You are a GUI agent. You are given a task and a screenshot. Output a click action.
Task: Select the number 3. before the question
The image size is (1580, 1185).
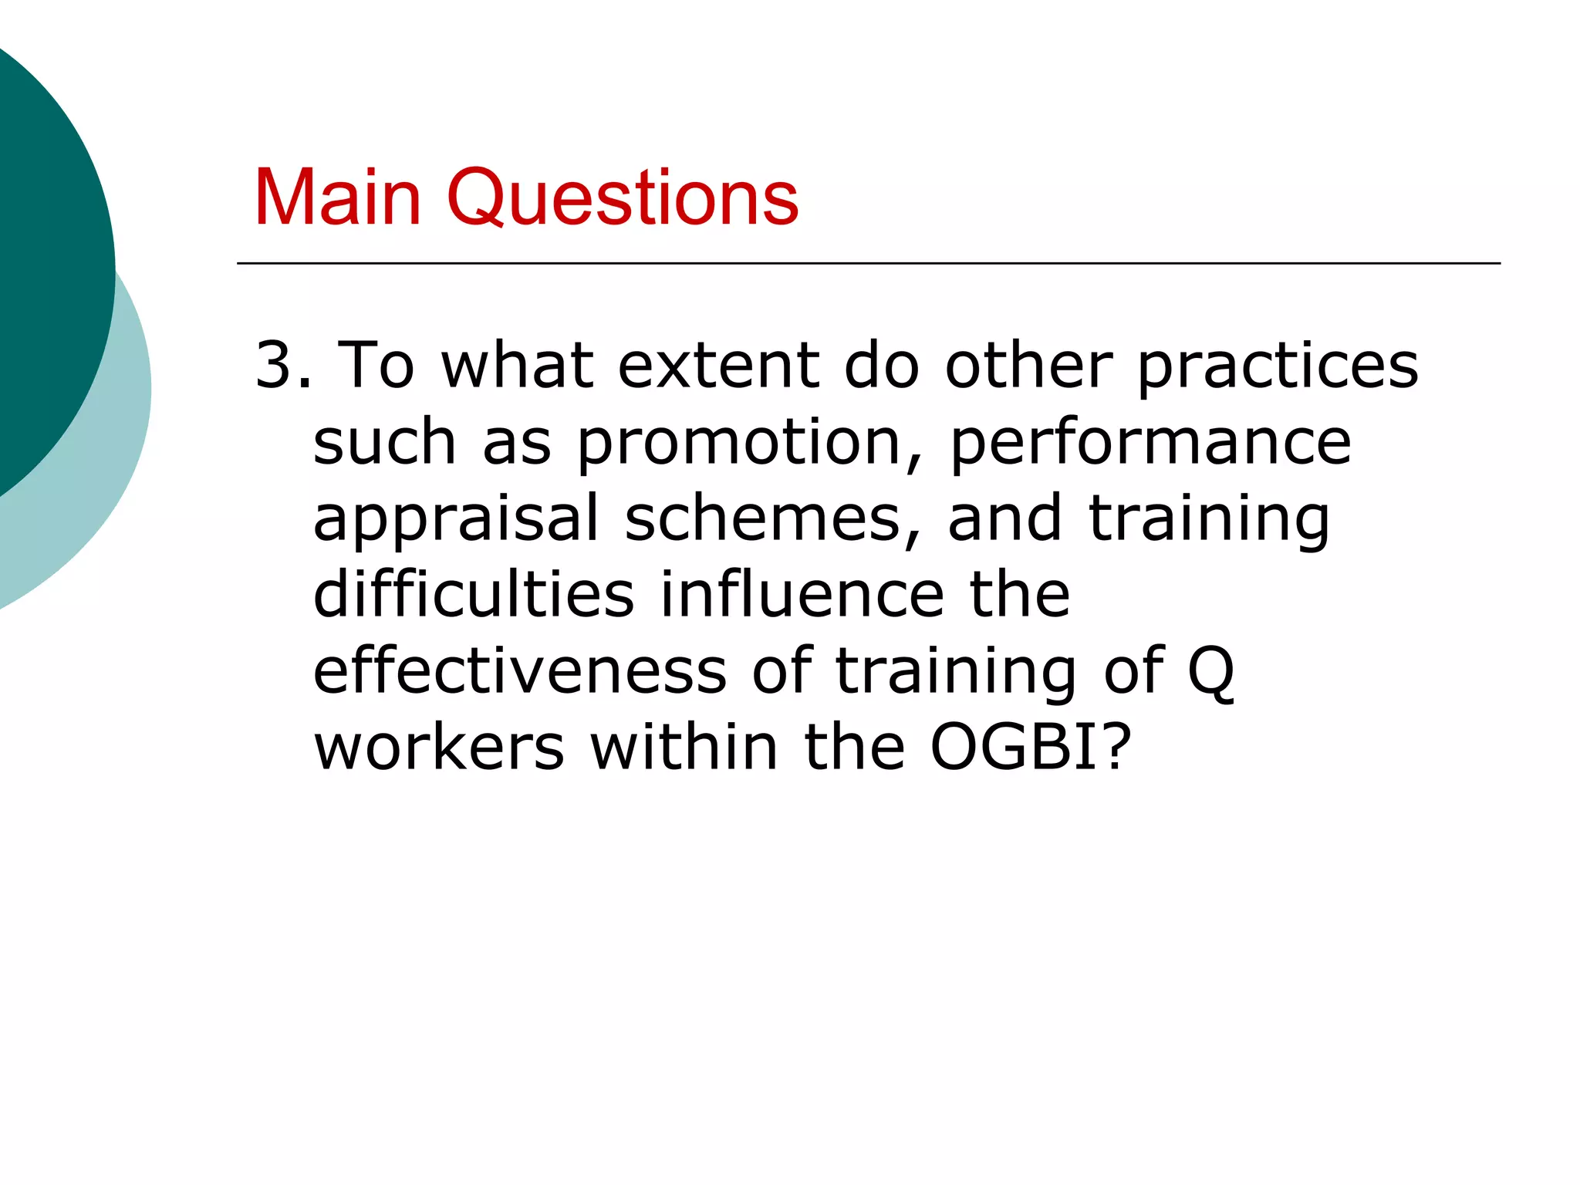tap(283, 364)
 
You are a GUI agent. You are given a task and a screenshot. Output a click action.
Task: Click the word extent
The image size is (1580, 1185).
tap(718, 364)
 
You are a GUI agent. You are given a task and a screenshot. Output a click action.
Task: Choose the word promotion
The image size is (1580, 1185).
tap(739, 443)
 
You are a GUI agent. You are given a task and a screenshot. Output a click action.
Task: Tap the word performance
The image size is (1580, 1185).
tap(1150, 443)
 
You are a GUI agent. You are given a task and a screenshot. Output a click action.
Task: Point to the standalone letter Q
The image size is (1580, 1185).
tap(1210, 671)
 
